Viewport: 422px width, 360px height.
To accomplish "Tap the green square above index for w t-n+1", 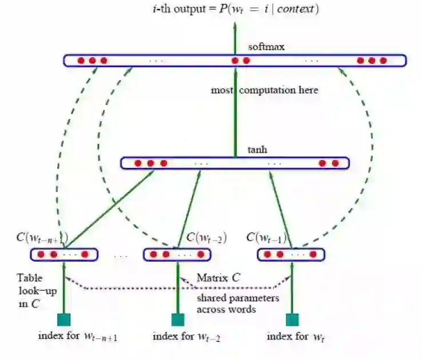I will click(63, 319).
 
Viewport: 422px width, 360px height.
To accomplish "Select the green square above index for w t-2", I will click(178, 319).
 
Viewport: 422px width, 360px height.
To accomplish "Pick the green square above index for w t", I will click(292, 319).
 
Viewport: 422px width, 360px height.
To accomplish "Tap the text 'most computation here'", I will click(264, 90).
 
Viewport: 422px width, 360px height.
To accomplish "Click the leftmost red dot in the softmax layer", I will click(81, 61).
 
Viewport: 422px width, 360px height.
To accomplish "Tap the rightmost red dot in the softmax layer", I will click(383, 61).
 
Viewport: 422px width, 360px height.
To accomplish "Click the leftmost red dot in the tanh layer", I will click(138, 163).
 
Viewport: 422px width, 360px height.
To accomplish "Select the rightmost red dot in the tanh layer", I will click(335, 163).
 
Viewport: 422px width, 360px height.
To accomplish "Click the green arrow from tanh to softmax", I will click(234, 114).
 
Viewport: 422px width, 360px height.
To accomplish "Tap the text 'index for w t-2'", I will click(186, 337).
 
